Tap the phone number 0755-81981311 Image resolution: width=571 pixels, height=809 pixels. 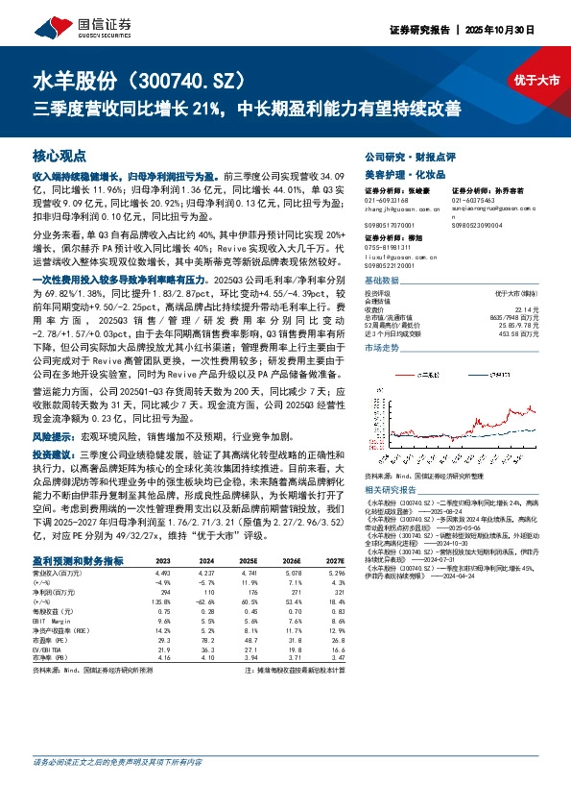(393, 245)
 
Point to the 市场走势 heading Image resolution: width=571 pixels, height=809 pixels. (382, 350)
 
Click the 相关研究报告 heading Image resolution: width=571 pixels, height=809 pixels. (392, 487)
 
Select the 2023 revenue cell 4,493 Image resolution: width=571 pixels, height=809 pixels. (162, 574)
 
